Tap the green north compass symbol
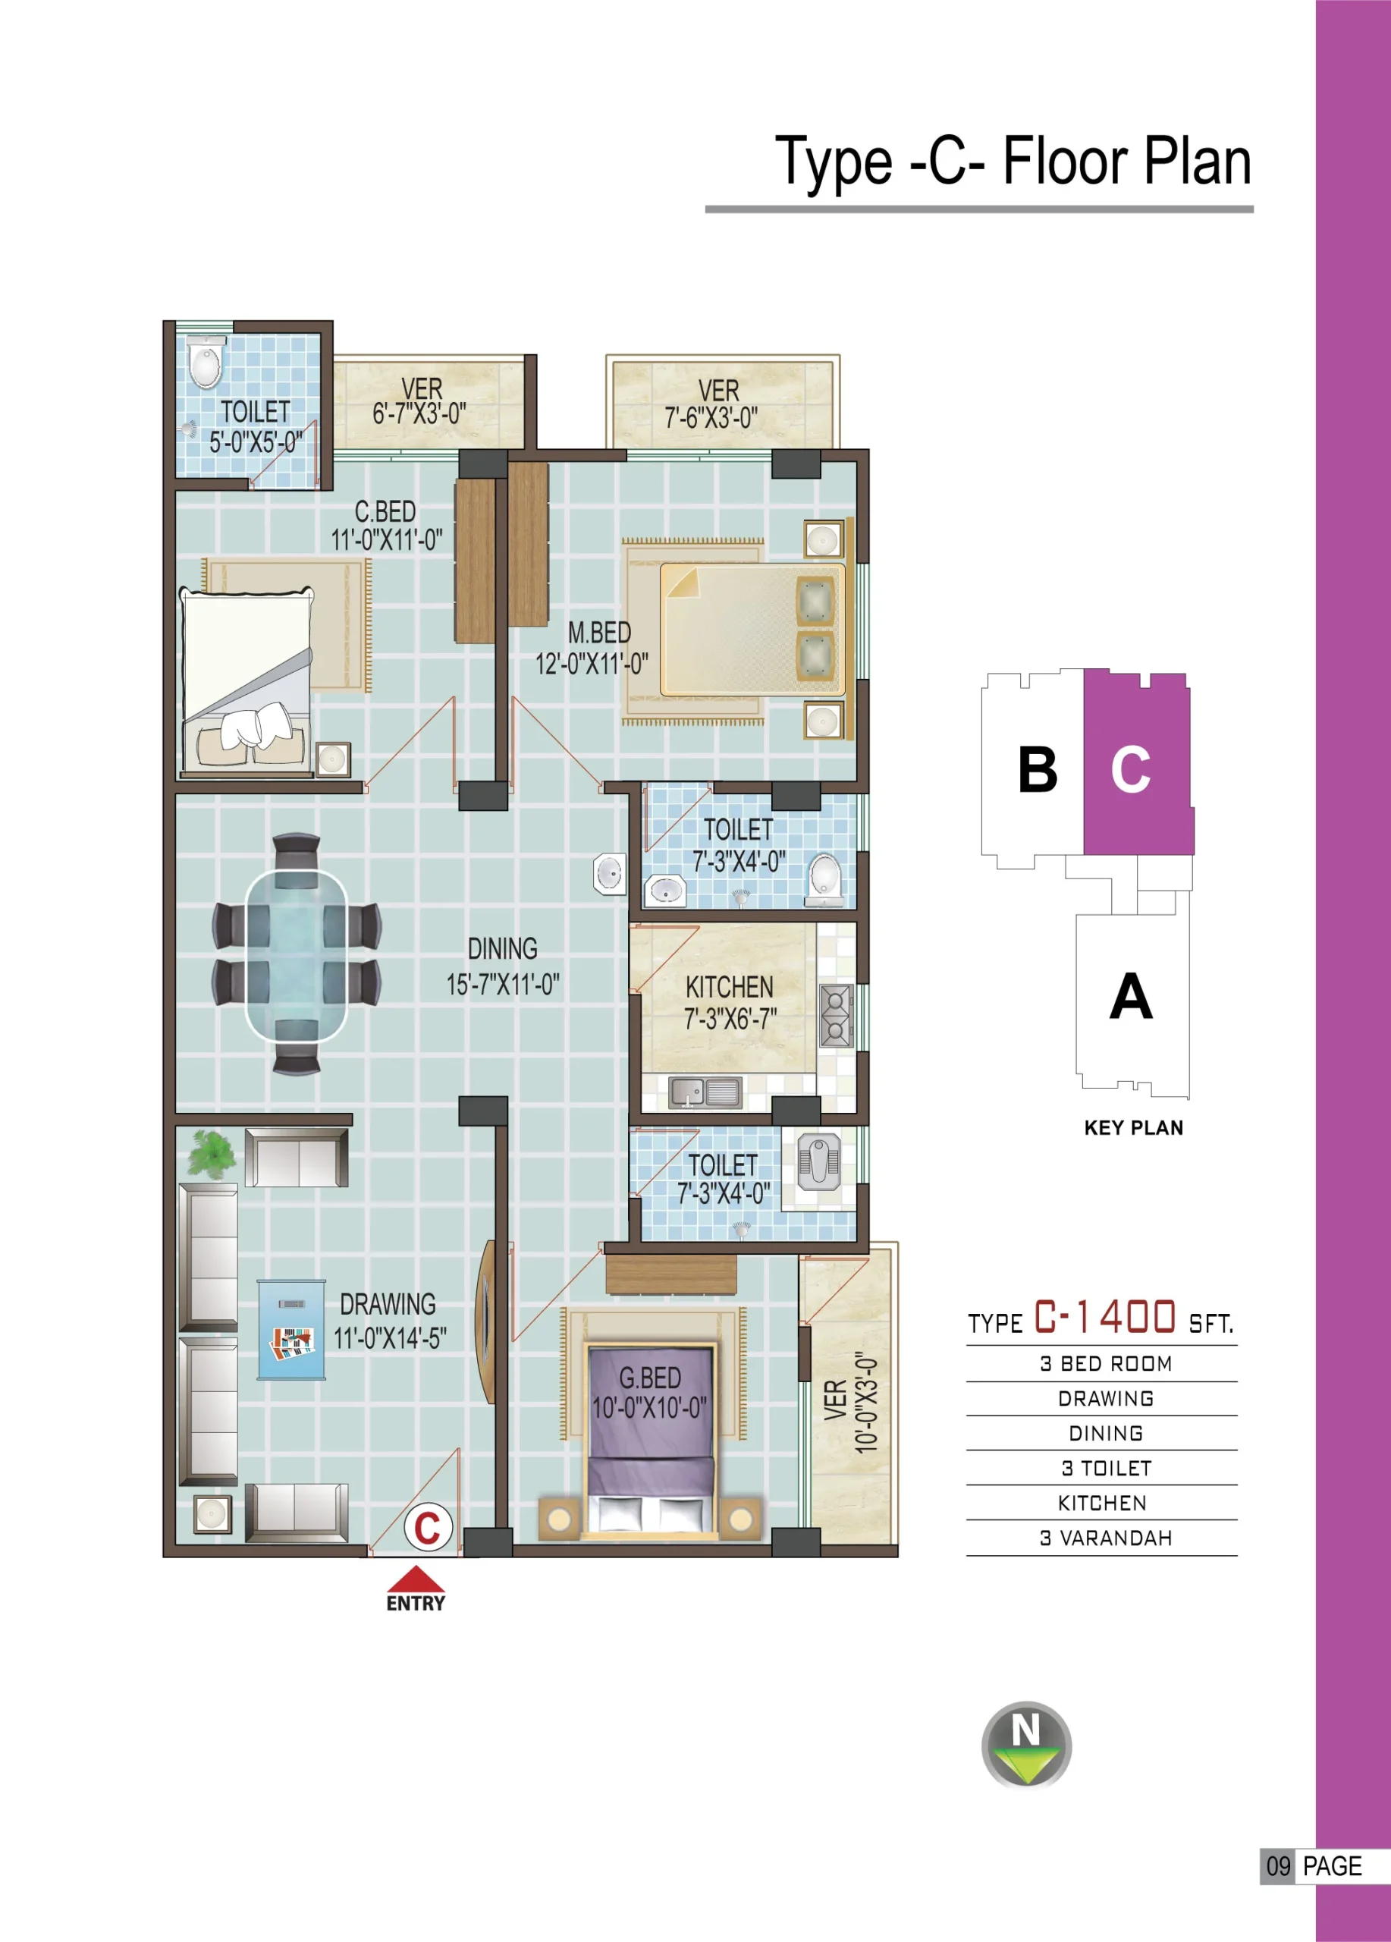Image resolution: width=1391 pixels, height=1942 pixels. [1026, 1744]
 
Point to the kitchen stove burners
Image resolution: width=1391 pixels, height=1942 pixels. [837, 1016]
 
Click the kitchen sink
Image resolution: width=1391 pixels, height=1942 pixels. [705, 1092]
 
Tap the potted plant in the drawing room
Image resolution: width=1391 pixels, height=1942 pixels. [211, 1152]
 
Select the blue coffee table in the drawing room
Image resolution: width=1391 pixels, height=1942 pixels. [292, 1329]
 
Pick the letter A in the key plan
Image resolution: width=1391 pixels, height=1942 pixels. [1131, 996]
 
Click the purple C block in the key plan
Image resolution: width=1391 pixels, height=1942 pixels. [1138, 763]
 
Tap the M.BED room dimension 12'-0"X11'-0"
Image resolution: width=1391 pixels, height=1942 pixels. [592, 664]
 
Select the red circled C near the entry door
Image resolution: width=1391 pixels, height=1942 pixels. [428, 1527]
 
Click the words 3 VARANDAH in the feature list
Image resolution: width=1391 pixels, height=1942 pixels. [1106, 1538]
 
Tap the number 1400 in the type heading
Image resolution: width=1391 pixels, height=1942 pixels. [1138, 1317]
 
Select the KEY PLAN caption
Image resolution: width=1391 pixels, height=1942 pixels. [1133, 1128]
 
